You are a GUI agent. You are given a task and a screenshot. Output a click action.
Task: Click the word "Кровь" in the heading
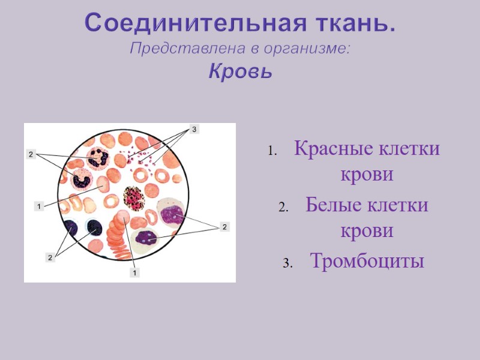[240, 72]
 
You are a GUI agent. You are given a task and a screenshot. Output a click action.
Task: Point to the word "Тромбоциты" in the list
[367, 261]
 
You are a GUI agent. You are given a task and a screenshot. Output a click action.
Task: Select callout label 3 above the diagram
[194, 129]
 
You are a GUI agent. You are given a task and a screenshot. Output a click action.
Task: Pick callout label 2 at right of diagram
[224, 227]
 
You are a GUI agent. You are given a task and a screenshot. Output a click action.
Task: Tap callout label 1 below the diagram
[135, 273]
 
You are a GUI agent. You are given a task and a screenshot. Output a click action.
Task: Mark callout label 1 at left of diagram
[38, 206]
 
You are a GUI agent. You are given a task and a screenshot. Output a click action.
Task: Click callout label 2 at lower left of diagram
[50, 257]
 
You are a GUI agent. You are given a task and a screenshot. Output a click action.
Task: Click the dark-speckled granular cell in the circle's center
[134, 197]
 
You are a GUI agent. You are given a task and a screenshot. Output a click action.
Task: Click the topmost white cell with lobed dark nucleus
[96, 157]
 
